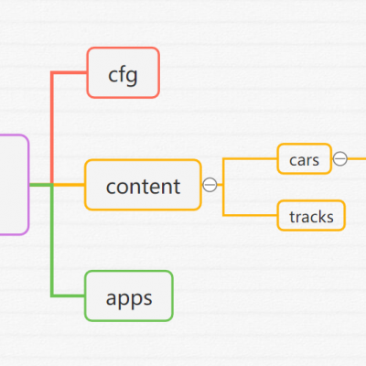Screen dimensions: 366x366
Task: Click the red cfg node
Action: pyautogui.click(x=124, y=72)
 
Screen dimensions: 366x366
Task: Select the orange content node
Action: pyautogui.click(x=143, y=185)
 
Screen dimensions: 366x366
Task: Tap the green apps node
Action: pyautogui.click(x=129, y=296)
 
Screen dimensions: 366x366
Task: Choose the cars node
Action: pyautogui.click(x=304, y=159)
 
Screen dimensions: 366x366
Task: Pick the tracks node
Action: pyautogui.click(x=311, y=216)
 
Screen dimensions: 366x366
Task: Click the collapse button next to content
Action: pyautogui.click(x=210, y=185)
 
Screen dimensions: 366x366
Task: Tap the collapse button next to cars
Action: pyautogui.click(x=340, y=158)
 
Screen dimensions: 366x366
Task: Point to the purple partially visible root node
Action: pyautogui.click(x=15, y=185)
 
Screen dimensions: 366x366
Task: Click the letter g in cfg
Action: pyautogui.click(x=131, y=77)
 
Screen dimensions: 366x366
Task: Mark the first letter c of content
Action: pyautogui.click(x=111, y=188)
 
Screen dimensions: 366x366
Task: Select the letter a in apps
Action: pyautogui.click(x=112, y=298)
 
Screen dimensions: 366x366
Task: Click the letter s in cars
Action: pyautogui.click(x=315, y=161)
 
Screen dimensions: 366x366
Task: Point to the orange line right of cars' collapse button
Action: pyautogui.click(x=357, y=158)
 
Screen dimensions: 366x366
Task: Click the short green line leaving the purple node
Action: pyautogui.click(x=41, y=185)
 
